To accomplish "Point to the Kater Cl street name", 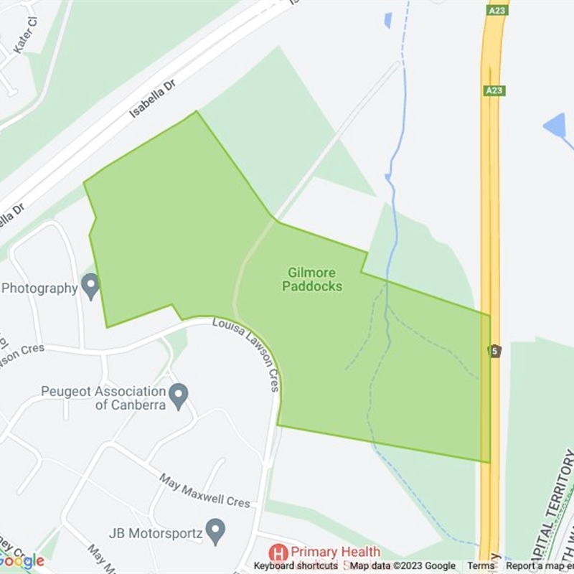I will [24, 41].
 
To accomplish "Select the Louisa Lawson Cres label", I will [246, 354].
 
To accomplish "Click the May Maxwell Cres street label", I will [205, 491].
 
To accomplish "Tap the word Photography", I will [39, 288].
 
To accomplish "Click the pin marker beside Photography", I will [90, 287].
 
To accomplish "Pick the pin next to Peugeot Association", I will [179, 394].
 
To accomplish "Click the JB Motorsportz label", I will [153, 533].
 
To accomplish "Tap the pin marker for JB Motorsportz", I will [215, 532].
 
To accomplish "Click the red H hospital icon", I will [278, 552].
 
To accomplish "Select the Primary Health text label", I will [334, 552].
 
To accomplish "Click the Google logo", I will [22, 561].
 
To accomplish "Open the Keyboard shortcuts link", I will [296, 566].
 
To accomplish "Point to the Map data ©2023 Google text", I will [403, 566].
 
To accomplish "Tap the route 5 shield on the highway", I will [494, 351].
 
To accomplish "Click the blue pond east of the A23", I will [555, 126].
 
